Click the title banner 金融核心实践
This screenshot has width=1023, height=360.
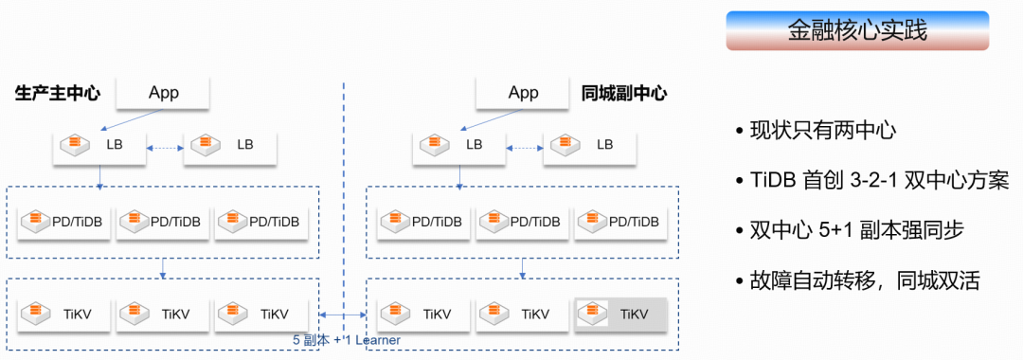857,30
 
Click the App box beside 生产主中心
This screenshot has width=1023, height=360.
163,93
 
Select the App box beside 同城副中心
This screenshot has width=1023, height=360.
523,93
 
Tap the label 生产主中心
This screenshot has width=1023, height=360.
58,93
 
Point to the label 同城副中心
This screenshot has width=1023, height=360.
623,93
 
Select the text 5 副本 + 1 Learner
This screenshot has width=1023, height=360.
347,340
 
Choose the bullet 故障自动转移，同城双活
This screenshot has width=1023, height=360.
857,280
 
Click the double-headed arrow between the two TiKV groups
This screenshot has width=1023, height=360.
343,315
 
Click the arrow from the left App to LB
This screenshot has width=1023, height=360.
131,119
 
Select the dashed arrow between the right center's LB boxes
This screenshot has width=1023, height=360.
525,148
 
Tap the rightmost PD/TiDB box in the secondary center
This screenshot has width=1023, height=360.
621,222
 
